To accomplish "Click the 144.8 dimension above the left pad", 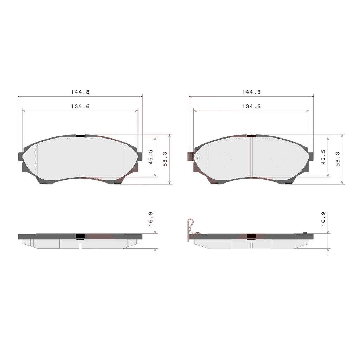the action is (80, 92).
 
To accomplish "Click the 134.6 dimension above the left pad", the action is (80, 107).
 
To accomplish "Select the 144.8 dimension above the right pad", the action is (251, 92).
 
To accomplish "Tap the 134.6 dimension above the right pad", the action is (251, 107).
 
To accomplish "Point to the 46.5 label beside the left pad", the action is (150, 157).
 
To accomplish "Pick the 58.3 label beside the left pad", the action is (165, 159).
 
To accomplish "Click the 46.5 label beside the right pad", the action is (323, 157).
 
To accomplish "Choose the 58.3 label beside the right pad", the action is (337, 159).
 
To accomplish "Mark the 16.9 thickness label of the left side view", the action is (150, 219).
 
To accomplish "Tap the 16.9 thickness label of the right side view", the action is (323, 219).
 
